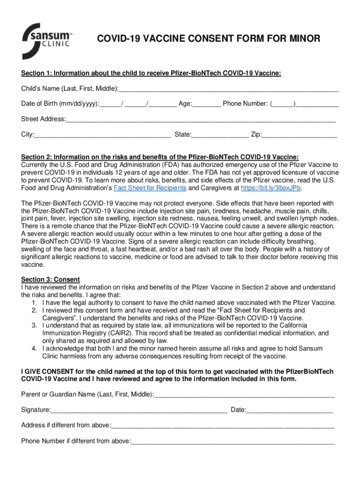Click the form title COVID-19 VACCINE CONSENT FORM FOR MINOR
[209, 39]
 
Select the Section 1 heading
[151, 73]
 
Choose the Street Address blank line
[201, 119]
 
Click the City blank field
[102, 135]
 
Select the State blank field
[220, 135]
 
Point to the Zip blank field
[299, 135]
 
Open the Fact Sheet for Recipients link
[147, 188]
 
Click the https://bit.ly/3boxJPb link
[271, 188]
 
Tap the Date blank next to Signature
[289, 410]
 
